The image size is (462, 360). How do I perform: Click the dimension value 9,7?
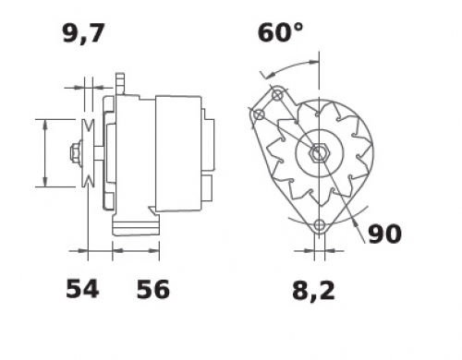[84, 33]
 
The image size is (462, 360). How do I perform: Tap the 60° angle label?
[280, 32]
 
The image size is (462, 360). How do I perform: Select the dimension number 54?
[82, 289]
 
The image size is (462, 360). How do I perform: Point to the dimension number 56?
[153, 289]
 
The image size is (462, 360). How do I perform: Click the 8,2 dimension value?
[313, 291]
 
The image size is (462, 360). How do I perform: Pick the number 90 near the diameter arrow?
[384, 234]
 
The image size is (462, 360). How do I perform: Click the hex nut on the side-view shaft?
[74, 152]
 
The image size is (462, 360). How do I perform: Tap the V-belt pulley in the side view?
[88, 153]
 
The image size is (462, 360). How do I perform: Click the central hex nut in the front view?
[319, 152]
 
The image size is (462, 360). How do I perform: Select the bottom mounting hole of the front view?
[320, 225]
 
